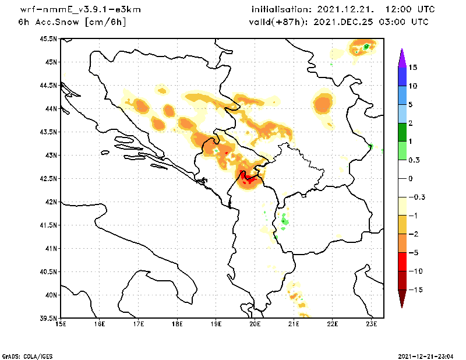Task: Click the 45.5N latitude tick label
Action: (x=49, y=39)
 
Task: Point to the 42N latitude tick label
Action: (x=51, y=202)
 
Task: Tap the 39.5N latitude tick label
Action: (x=49, y=319)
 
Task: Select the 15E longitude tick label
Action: (x=60, y=324)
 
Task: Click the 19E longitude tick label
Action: (x=216, y=324)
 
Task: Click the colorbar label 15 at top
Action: (x=412, y=68)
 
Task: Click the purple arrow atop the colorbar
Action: (x=401, y=57)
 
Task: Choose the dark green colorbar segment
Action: (x=401, y=132)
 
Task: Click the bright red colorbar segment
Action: (x=401, y=262)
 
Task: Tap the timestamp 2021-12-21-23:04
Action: (x=428, y=355)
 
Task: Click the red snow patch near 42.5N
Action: (x=248, y=178)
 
